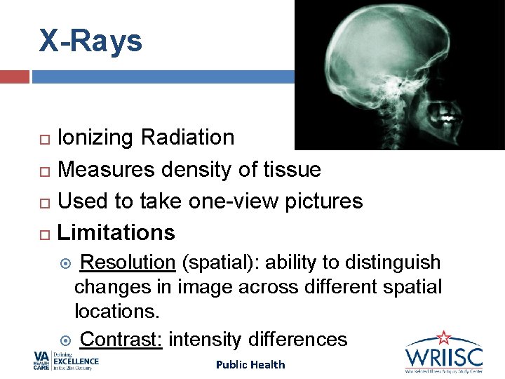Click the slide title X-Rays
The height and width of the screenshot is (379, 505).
coord(90,41)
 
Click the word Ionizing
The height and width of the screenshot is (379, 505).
coord(96,138)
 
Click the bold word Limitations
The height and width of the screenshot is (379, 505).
coord(116,232)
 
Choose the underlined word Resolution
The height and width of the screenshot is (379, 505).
coord(128,262)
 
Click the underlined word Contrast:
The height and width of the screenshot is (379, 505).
coord(122,340)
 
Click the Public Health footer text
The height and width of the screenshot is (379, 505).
coord(250,364)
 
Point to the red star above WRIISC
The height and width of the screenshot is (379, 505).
coord(443,337)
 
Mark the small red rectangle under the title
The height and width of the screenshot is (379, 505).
coord(15,77)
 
